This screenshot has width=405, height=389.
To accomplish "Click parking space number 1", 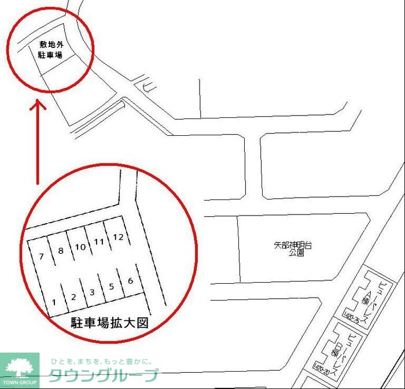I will point(54,301).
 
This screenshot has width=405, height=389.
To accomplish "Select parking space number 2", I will point(73,297).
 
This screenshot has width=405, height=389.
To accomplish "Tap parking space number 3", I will point(92,292).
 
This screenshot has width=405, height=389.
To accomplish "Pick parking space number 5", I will point(111,286).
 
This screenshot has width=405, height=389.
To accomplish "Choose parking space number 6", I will point(130,281).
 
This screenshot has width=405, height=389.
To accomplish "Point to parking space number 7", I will point(41,256).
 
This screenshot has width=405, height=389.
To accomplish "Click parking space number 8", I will point(60,251).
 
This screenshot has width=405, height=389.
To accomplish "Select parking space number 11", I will point(99,242).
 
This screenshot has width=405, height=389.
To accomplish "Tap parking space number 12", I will point(118,237).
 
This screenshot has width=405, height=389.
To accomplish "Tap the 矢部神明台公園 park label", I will point(293,249).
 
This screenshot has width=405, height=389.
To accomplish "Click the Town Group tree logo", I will point(20,368).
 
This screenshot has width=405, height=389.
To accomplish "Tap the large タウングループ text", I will point(103,376).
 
